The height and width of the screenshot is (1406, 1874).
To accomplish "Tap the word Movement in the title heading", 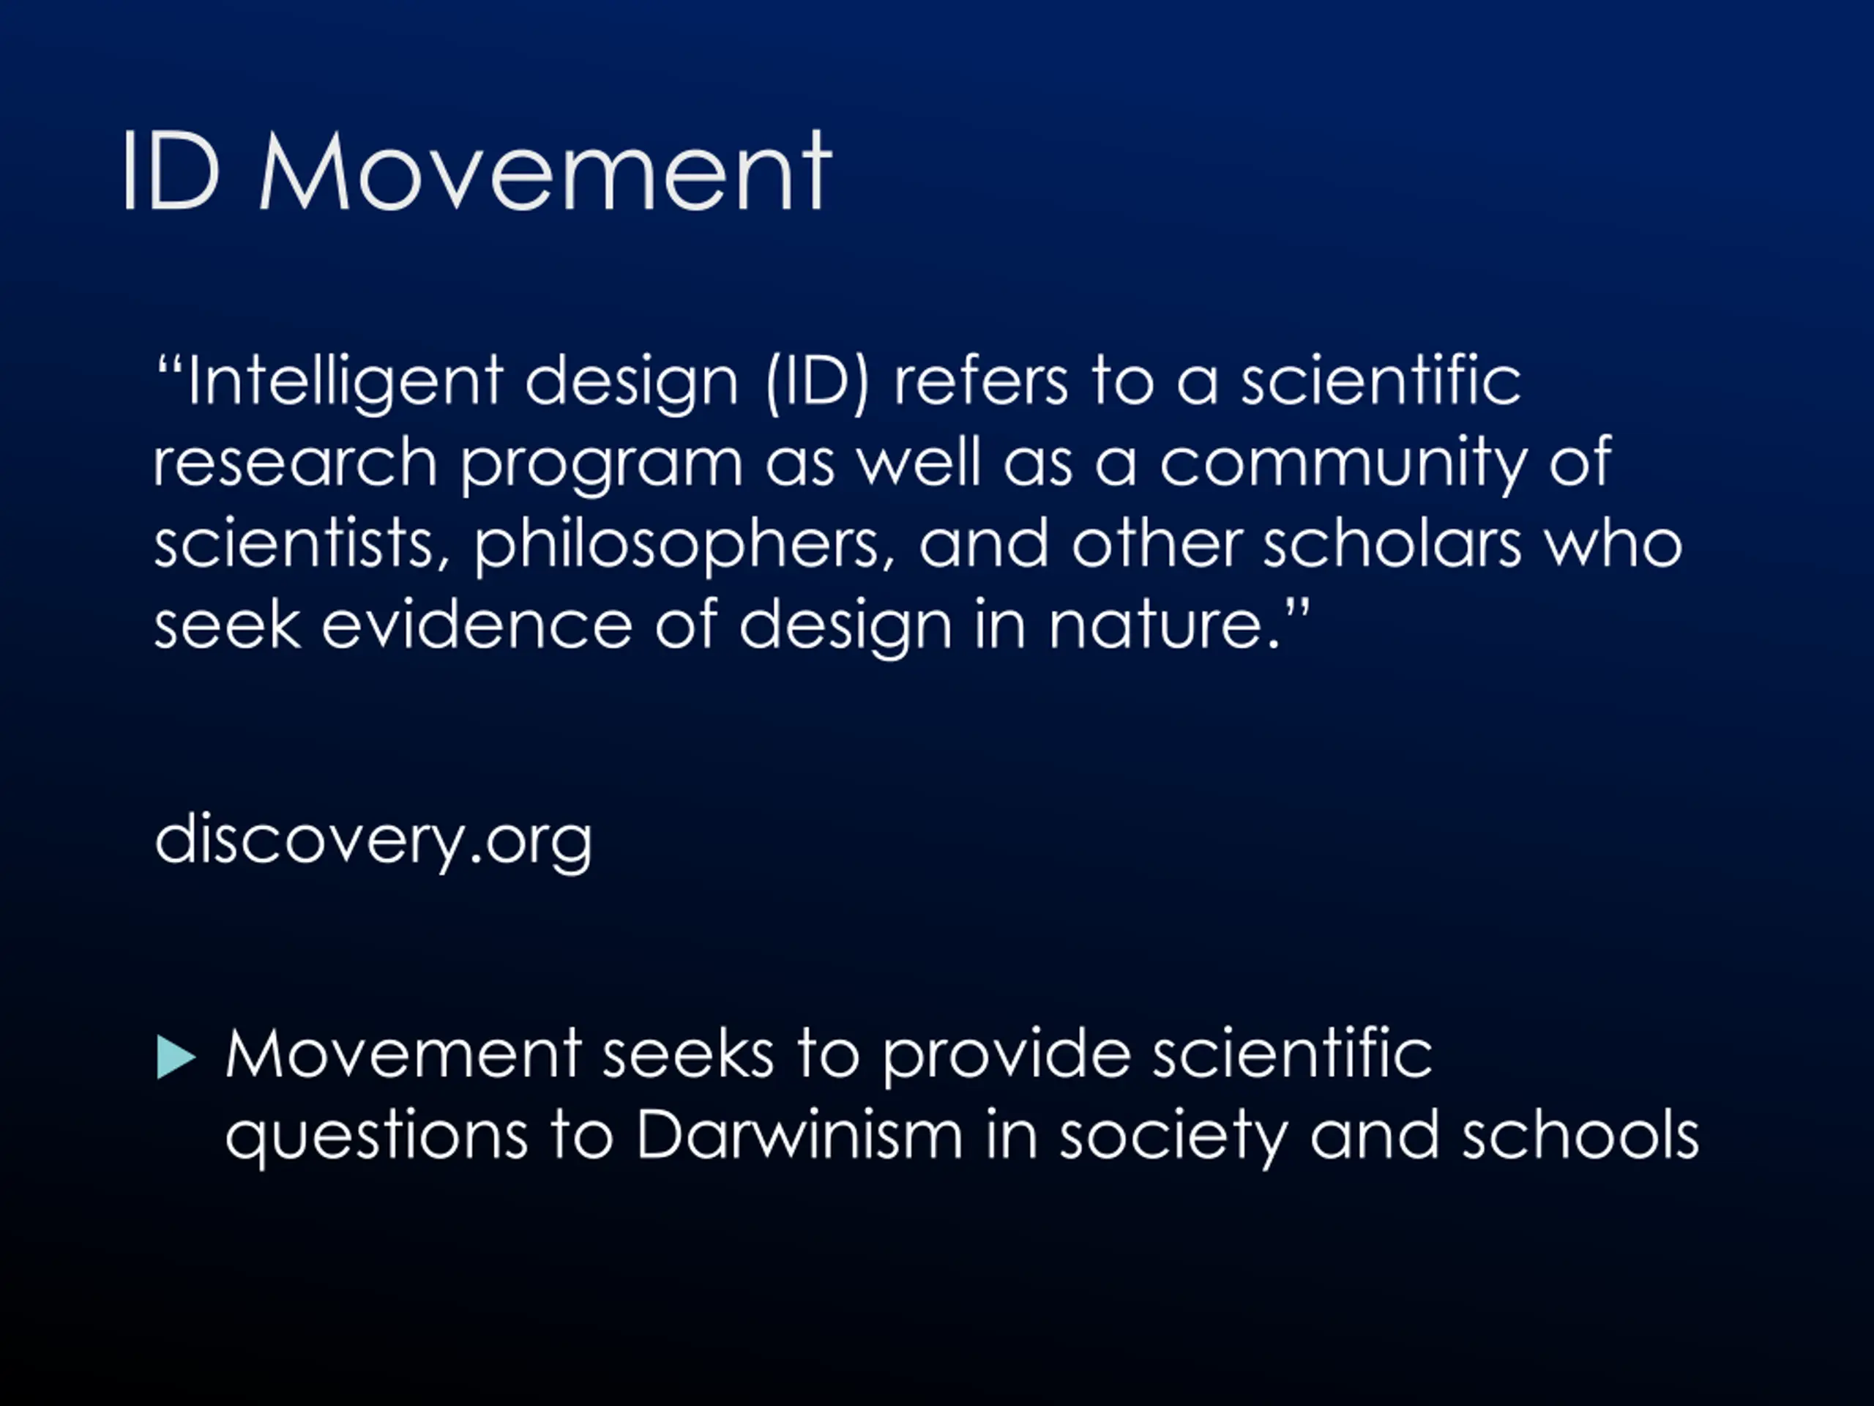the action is pyautogui.click(x=545, y=171).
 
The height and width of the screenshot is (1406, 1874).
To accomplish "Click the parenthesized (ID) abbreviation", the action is pyautogui.click(x=818, y=382).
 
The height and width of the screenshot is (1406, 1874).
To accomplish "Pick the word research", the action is pyautogui.click(x=295, y=462).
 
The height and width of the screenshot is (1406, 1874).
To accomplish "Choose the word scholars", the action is pyautogui.click(x=1392, y=543).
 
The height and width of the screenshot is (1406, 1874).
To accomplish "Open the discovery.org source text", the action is pyautogui.click(x=373, y=840).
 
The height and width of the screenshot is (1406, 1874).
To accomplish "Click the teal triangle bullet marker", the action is pyautogui.click(x=176, y=1057).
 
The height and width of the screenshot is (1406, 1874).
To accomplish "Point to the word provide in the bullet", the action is pyautogui.click(x=1007, y=1055).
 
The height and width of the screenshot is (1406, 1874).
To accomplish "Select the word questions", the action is pyautogui.click(x=377, y=1137).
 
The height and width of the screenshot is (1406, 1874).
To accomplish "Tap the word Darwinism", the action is pyautogui.click(x=800, y=1133).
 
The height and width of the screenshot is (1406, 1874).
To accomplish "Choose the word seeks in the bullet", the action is pyautogui.click(x=688, y=1054).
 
